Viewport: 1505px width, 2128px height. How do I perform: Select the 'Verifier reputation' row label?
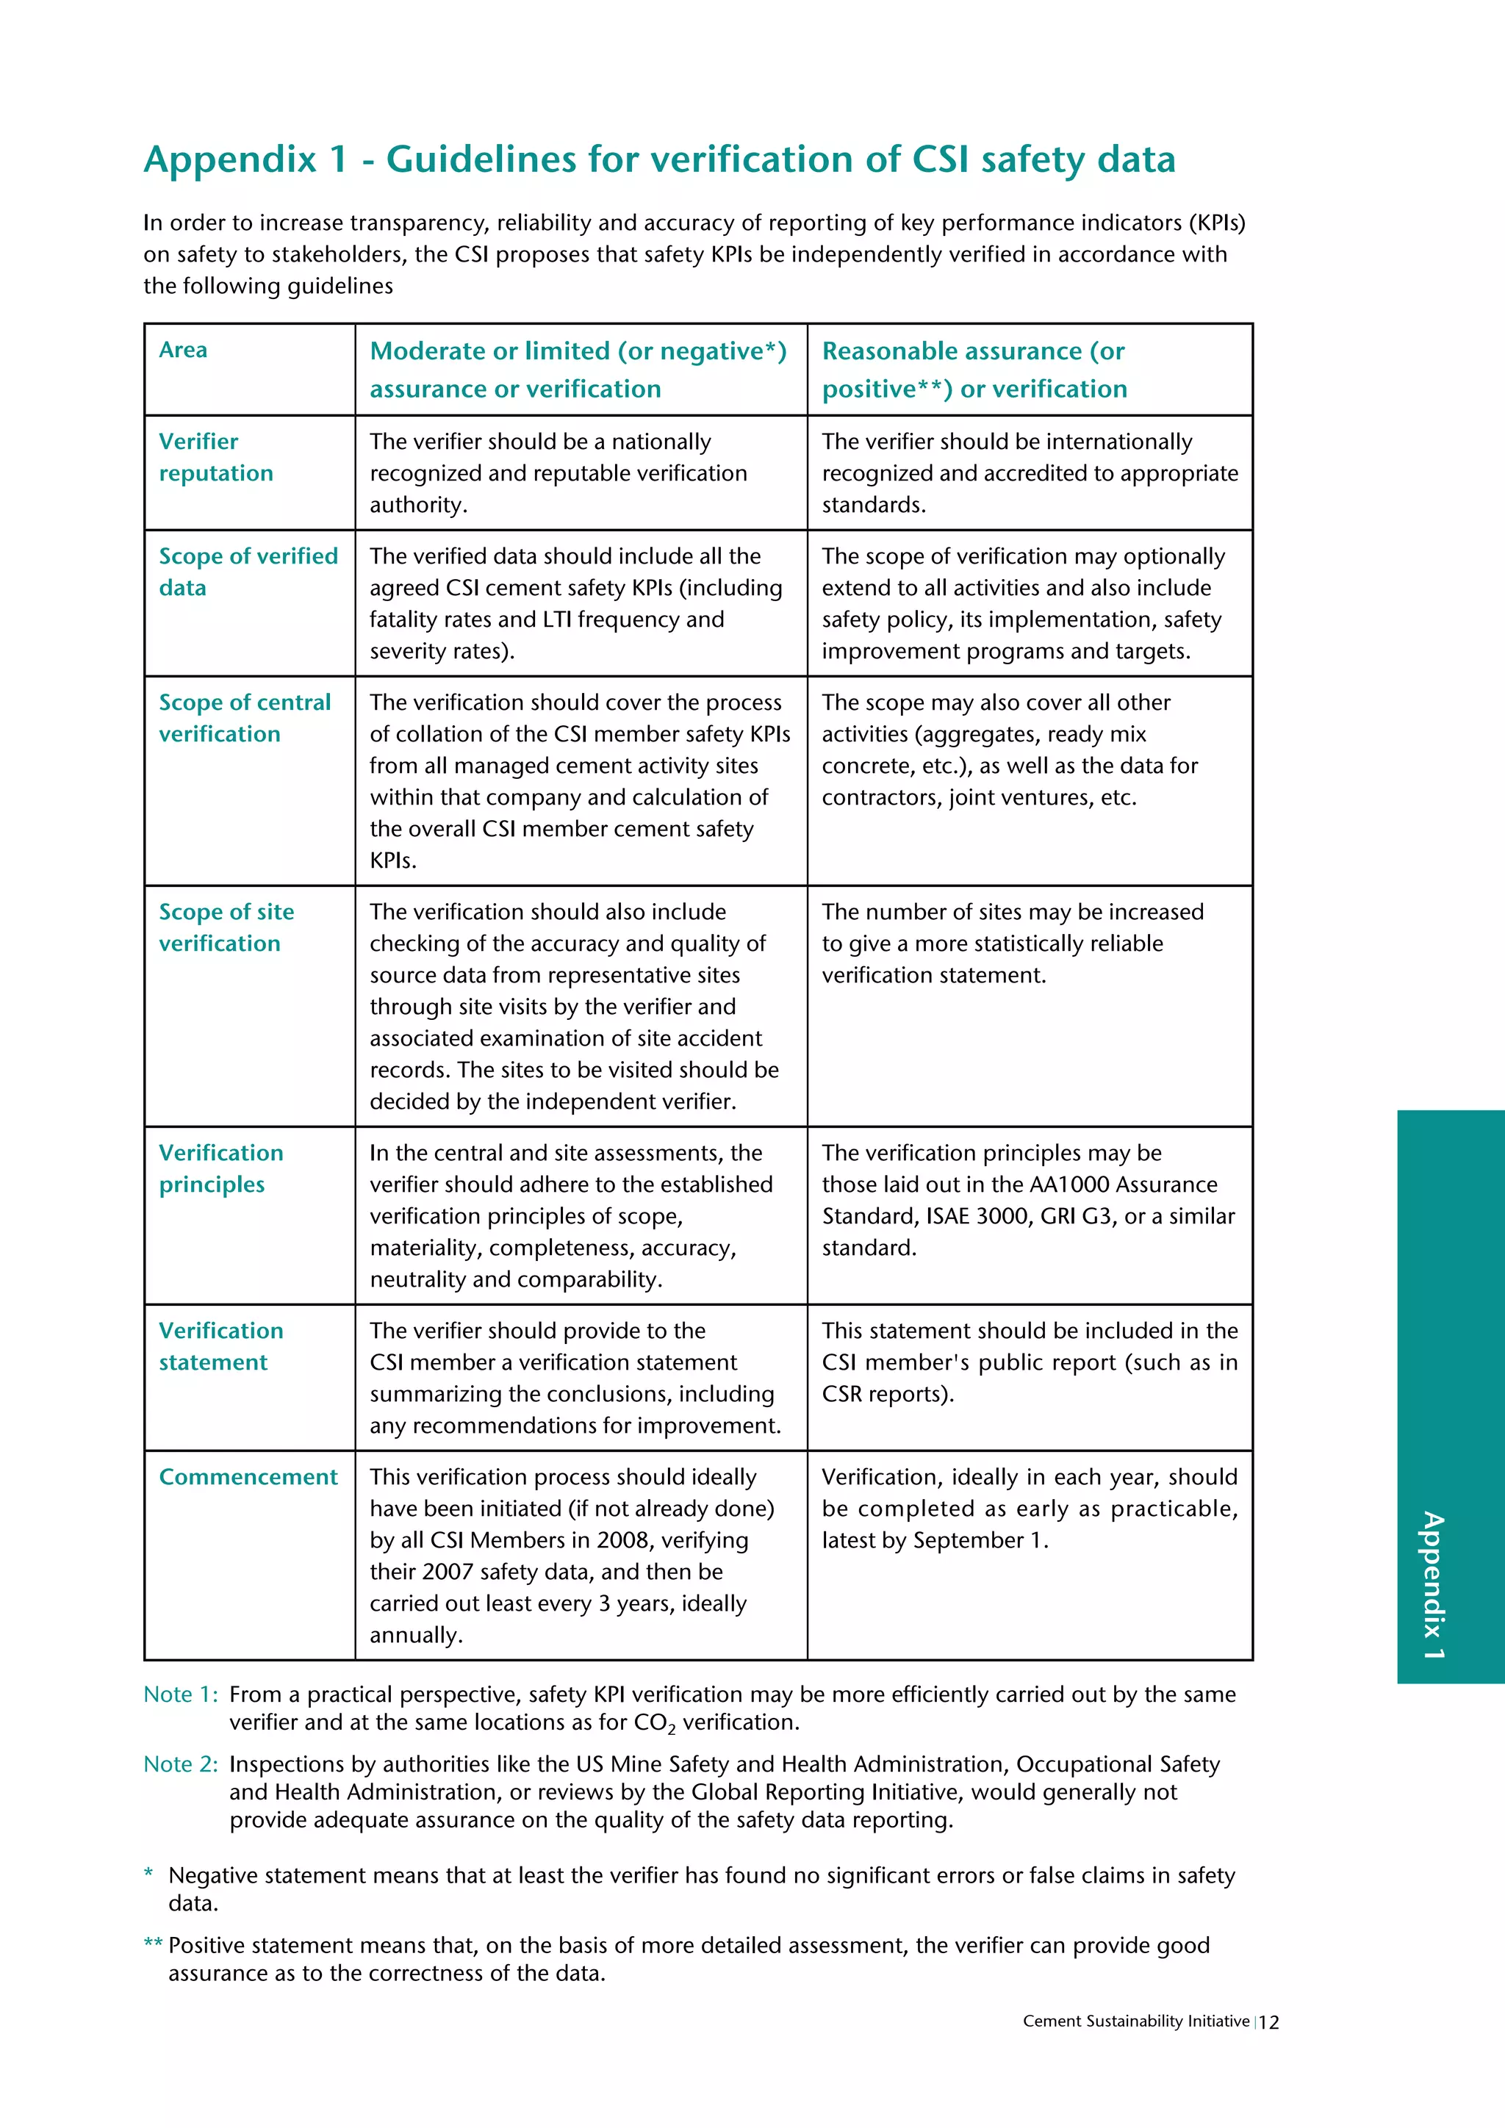click(x=215, y=457)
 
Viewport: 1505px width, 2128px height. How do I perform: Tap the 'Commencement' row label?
click(x=248, y=1476)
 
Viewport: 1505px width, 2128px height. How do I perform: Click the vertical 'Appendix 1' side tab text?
click(x=1433, y=1584)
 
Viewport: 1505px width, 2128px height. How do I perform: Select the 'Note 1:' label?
click(x=181, y=1694)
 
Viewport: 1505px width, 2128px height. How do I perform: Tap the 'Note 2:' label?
click(x=181, y=1764)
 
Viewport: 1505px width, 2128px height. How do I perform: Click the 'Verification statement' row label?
click(x=220, y=1345)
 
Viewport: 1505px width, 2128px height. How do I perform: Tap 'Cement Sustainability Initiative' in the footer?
click(x=1135, y=2021)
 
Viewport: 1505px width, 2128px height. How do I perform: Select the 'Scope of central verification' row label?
click(x=244, y=717)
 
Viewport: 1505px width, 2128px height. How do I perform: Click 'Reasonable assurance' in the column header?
click(x=952, y=351)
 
